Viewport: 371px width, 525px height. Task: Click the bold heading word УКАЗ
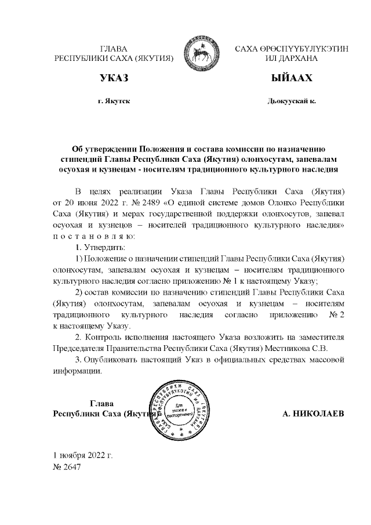pyautogui.click(x=114, y=78)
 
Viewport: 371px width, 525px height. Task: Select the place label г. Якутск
pyautogui.click(x=114, y=102)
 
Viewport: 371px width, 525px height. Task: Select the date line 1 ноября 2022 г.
pyautogui.click(x=83, y=454)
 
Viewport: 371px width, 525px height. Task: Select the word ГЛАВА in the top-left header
pyautogui.click(x=114, y=49)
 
